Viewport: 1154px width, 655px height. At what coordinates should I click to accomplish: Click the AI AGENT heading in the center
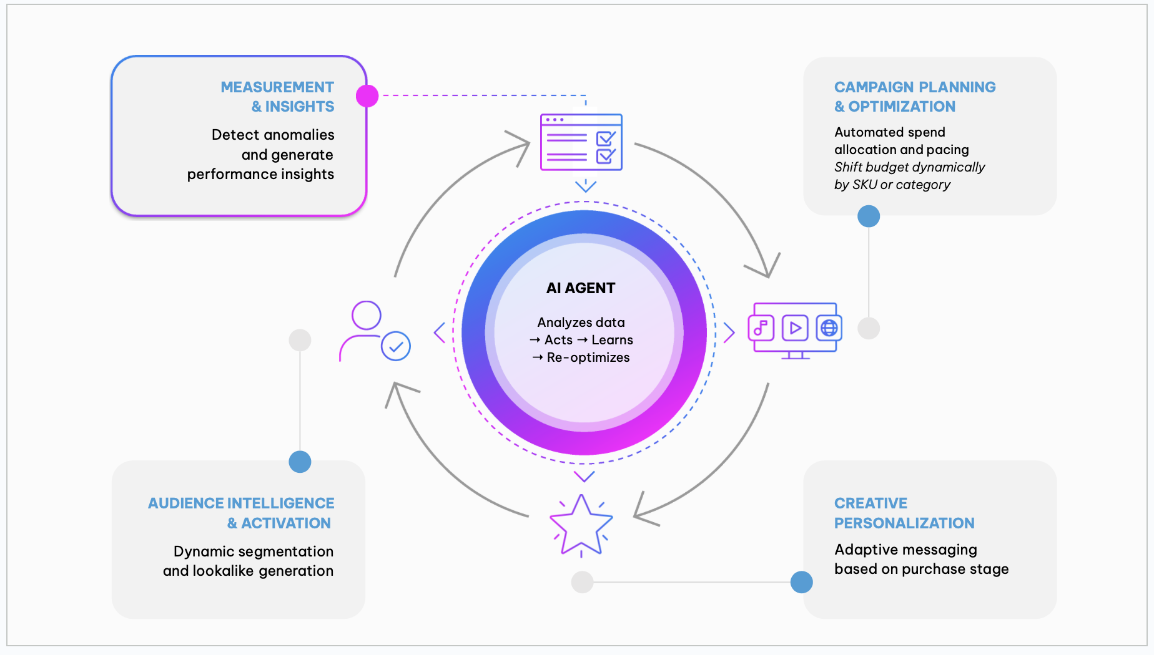[581, 288]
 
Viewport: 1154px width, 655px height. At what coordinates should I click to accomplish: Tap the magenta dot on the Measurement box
[367, 95]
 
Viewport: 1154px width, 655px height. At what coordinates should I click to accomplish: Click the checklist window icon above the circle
[581, 142]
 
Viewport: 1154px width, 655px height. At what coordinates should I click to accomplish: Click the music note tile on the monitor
[761, 328]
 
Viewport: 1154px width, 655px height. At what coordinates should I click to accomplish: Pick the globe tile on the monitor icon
[829, 328]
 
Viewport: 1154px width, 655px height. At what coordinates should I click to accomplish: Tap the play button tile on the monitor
[795, 328]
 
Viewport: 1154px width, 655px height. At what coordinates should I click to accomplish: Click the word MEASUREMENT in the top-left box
[277, 87]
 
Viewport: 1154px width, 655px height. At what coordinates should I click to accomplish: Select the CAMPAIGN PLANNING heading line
[915, 87]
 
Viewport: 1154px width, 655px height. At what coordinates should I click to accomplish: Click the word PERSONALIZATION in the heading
[904, 523]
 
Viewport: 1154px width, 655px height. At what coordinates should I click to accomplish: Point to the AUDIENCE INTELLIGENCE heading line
[241, 503]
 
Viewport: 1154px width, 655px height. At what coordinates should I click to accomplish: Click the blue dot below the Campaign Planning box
[869, 216]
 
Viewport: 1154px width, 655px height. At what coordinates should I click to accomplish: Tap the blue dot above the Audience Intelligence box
[300, 462]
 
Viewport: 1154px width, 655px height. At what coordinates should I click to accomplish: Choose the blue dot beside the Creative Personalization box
[802, 582]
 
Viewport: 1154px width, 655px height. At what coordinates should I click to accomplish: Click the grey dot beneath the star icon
[582, 582]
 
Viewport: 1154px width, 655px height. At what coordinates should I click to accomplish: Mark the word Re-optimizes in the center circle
[588, 357]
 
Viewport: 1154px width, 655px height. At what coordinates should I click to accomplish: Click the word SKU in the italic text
[865, 185]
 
